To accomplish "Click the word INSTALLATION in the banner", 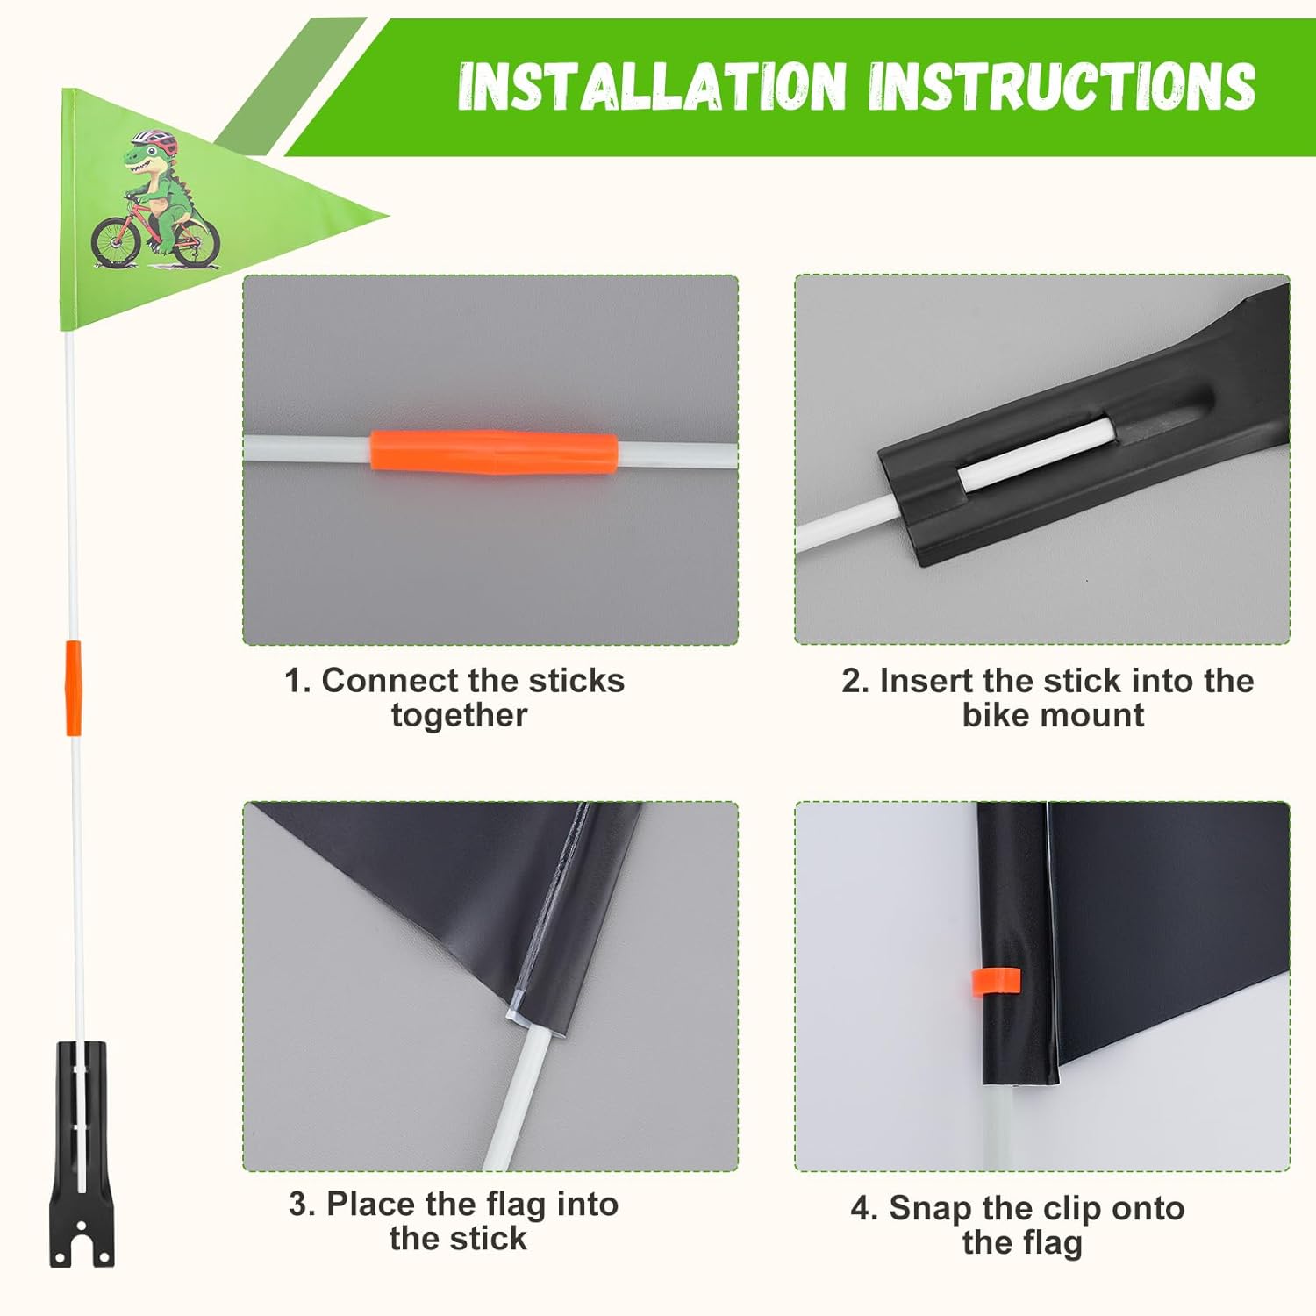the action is pyautogui.click(x=652, y=86).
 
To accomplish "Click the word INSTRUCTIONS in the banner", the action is pyautogui.click(x=1062, y=86).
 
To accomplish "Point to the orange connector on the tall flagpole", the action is pyautogui.click(x=73, y=688).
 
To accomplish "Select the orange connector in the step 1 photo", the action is pyautogui.click(x=493, y=452).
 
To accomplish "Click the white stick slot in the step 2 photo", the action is pyautogui.click(x=1035, y=456).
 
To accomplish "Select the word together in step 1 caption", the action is pyautogui.click(x=459, y=716).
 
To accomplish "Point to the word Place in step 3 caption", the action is pyautogui.click(x=371, y=1205).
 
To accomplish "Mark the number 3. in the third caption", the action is pyautogui.click(x=301, y=1205).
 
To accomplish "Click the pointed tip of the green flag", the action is pyautogui.click(x=387, y=213).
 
